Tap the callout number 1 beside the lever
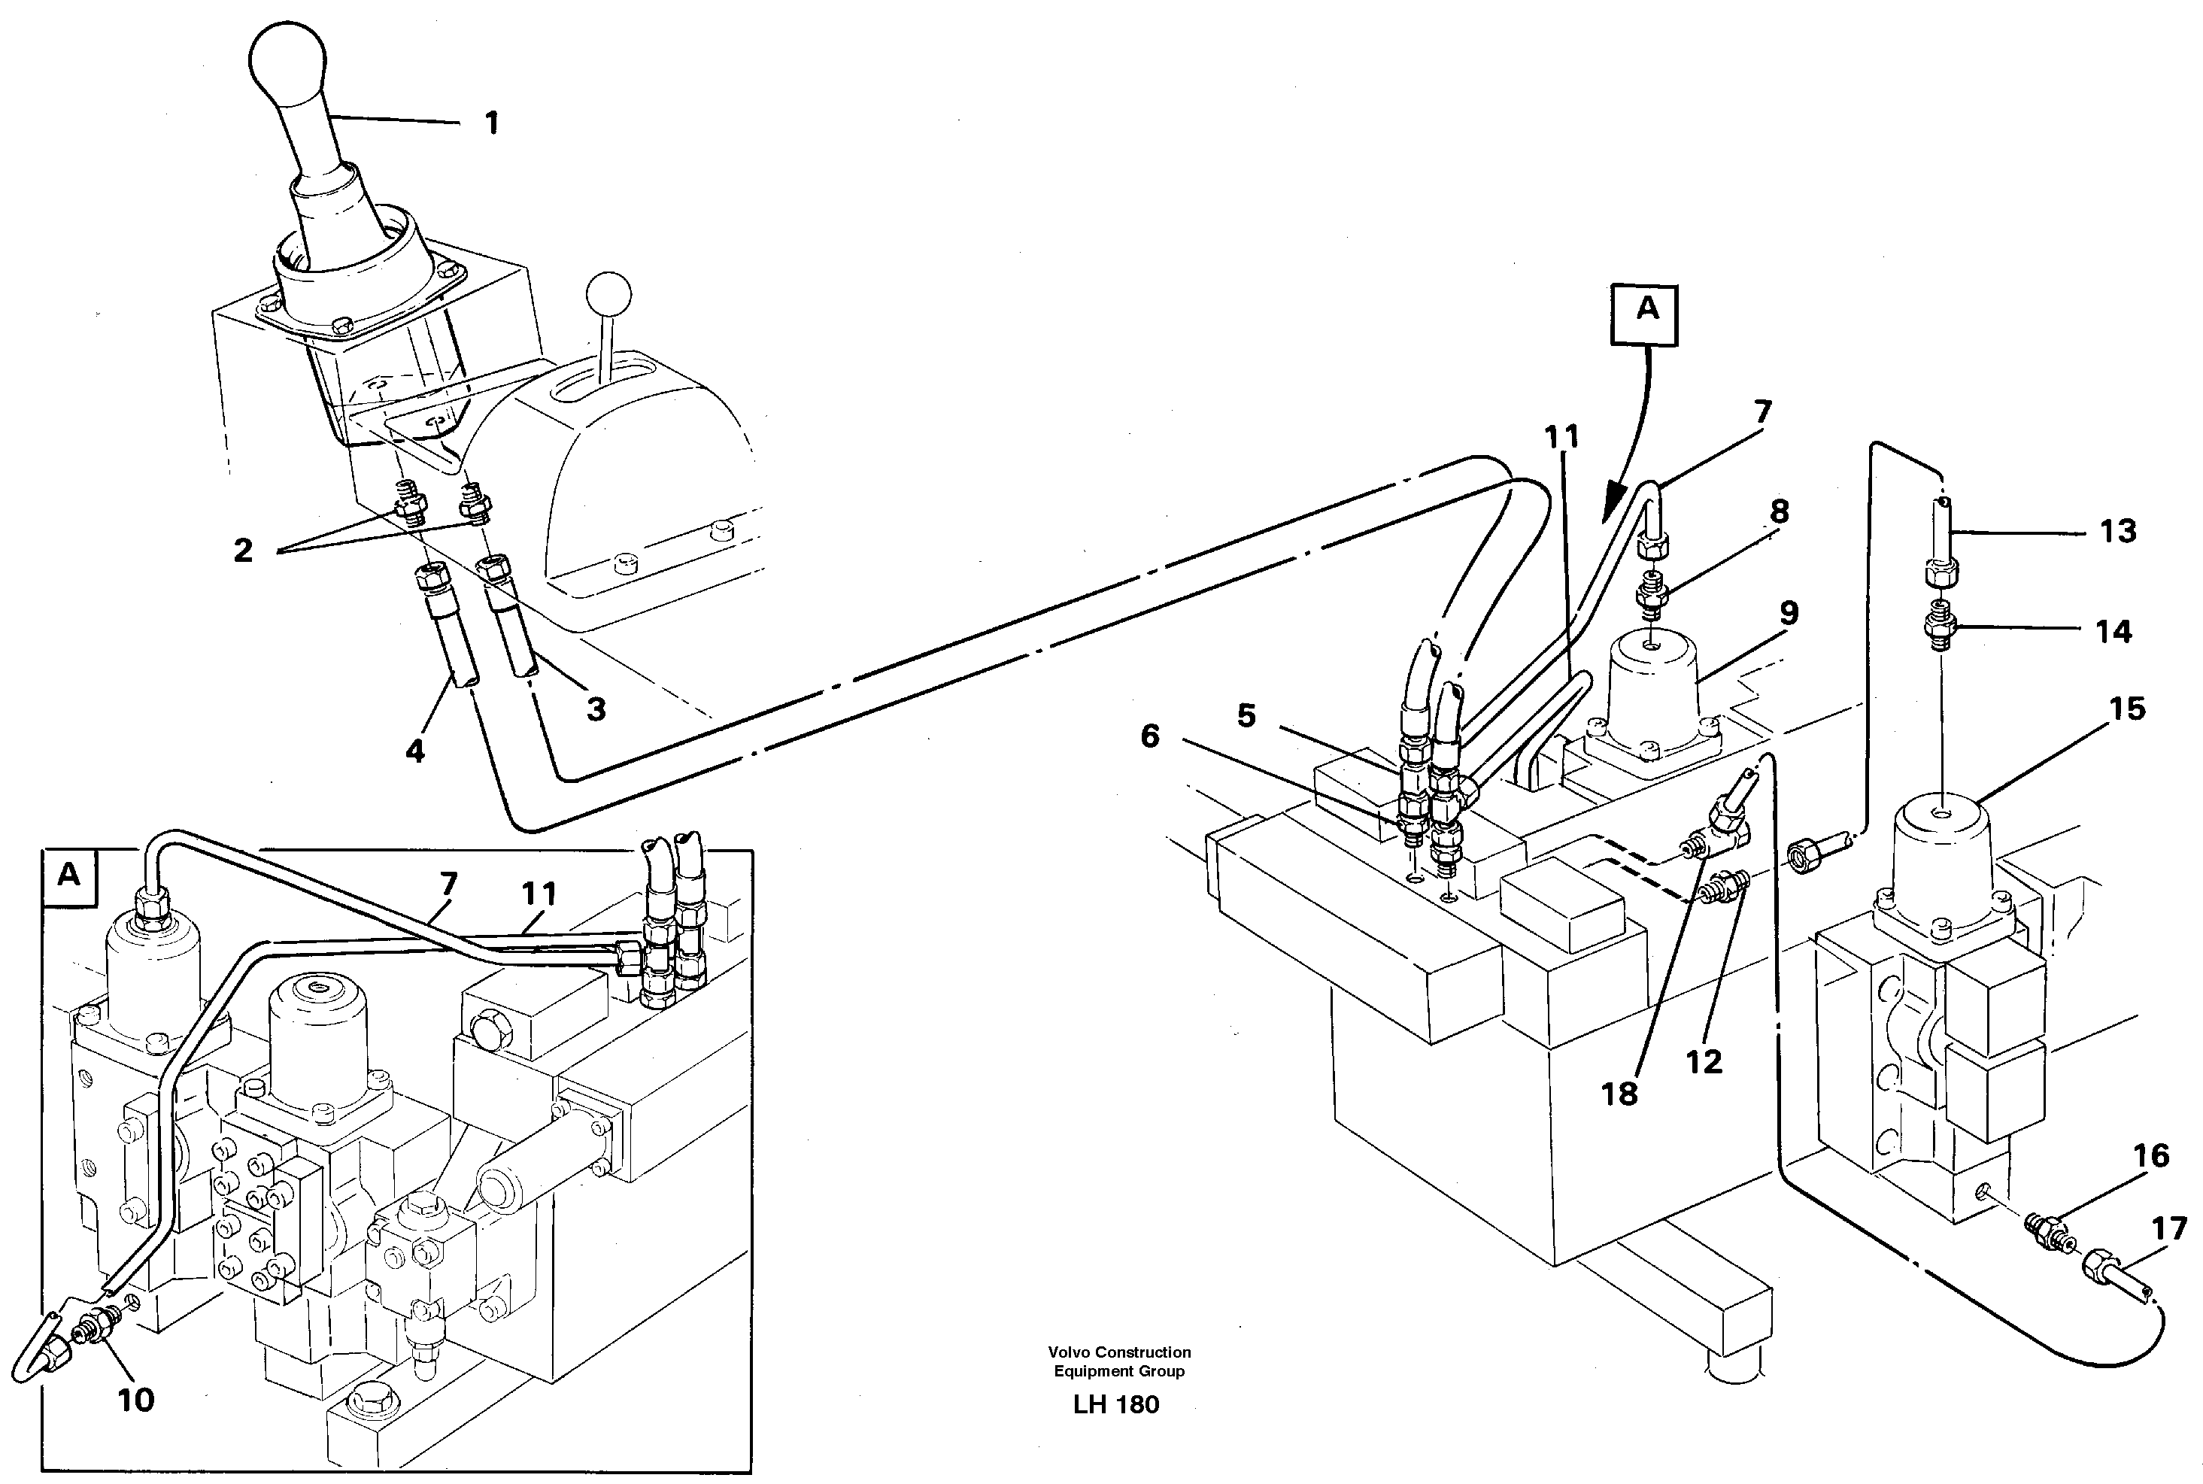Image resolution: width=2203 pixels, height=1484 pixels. click(x=491, y=123)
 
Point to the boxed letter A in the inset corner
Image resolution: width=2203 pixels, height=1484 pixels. click(x=69, y=876)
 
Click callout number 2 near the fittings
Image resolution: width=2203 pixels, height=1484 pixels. click(x=243, y=551)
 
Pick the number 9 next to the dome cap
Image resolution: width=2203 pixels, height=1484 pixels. click(x=1788, y=612)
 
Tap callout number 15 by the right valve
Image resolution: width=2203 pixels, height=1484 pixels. click(x=2127, y=709)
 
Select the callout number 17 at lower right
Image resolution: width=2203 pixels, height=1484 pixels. click(x=2169, y=1230)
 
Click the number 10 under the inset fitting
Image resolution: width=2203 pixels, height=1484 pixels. click(x=135, y=1401)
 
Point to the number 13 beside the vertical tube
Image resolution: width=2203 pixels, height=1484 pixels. click(x=2118, y=532)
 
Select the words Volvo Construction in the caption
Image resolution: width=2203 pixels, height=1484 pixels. click(x=1118, y=1352)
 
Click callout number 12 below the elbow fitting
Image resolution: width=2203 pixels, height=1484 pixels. click(x=1704, y=1062)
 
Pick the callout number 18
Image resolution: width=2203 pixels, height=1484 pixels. click(x=1619, y=1094)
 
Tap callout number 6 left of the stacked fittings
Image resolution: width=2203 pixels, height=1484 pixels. click(x=1150, y=736)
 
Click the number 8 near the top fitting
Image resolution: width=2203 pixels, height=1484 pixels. click(x=1779, y=512)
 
